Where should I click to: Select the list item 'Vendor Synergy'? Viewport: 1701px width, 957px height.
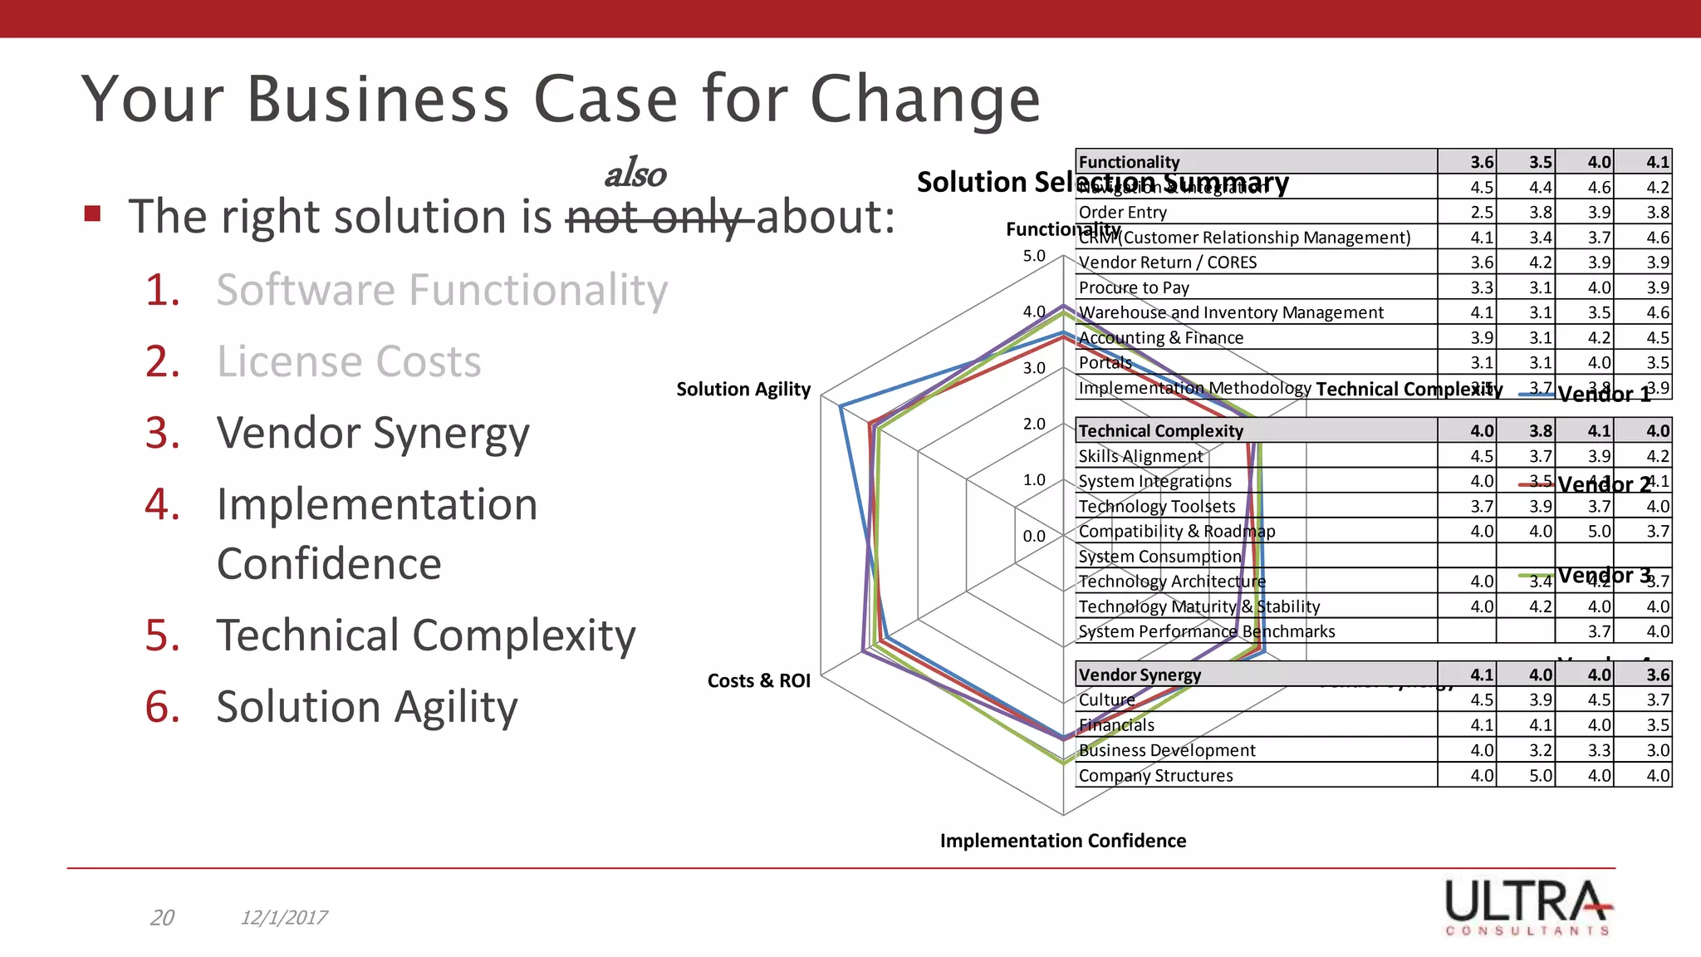372,434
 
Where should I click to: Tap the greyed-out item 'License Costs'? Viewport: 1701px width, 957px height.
349,362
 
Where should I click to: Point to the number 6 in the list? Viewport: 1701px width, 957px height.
162,707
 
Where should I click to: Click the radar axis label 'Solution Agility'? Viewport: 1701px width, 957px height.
743,390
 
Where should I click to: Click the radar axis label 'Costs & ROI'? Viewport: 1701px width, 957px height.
758,681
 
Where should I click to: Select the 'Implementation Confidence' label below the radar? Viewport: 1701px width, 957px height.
1062,841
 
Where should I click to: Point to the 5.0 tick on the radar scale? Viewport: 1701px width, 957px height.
1034,256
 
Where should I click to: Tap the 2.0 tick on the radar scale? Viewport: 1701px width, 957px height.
1034,424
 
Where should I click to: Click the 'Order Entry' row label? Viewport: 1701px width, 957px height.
1122,213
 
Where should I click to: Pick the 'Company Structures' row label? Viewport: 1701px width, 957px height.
1155,776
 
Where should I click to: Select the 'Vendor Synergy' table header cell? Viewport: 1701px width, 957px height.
1140,675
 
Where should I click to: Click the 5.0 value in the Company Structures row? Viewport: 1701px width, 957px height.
1540,776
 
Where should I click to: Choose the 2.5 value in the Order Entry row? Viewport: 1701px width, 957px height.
1481,213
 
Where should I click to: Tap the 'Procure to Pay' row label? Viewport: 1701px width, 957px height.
1134,288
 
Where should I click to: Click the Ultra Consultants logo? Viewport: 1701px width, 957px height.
1527,907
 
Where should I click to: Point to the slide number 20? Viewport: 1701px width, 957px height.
162,918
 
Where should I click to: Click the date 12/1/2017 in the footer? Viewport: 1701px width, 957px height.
283,918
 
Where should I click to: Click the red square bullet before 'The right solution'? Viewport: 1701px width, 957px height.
92,214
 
